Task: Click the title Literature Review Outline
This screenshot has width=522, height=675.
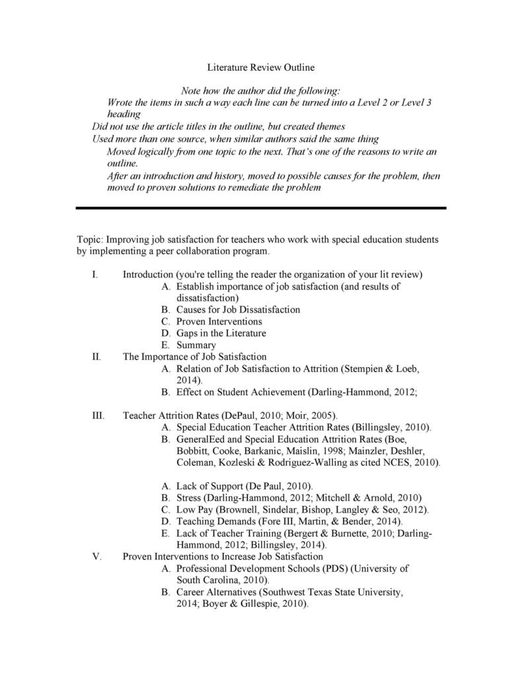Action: pos(261,67)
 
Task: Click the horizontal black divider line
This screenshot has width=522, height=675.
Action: pos(261,208)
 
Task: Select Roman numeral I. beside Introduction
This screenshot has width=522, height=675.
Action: pos(96,274)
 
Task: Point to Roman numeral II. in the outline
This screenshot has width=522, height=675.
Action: pos(96,357)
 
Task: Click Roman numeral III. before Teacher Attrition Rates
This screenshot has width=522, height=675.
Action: pos(98,415)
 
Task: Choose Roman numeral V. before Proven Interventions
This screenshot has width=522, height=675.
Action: pos(96,556)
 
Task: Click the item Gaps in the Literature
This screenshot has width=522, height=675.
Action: pos(221,333)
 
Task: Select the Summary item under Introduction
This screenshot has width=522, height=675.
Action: pos(196,345)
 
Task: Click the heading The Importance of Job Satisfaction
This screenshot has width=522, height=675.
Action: pos(195,357)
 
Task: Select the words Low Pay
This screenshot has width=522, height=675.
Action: pos(194,510)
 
